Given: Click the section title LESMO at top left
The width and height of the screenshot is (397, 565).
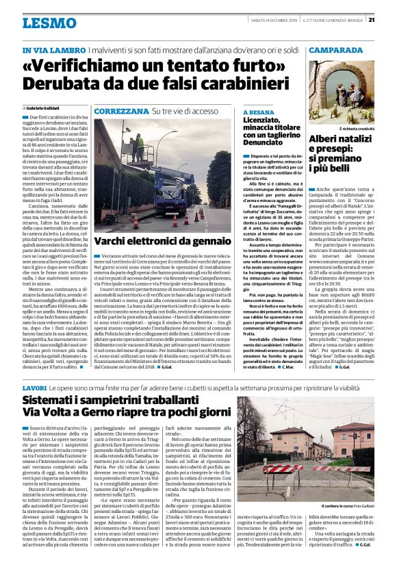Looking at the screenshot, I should pyautogui.click(x=49, y=23).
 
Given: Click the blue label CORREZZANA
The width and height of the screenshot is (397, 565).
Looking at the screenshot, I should pyautogui.click(x=121, y=110).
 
